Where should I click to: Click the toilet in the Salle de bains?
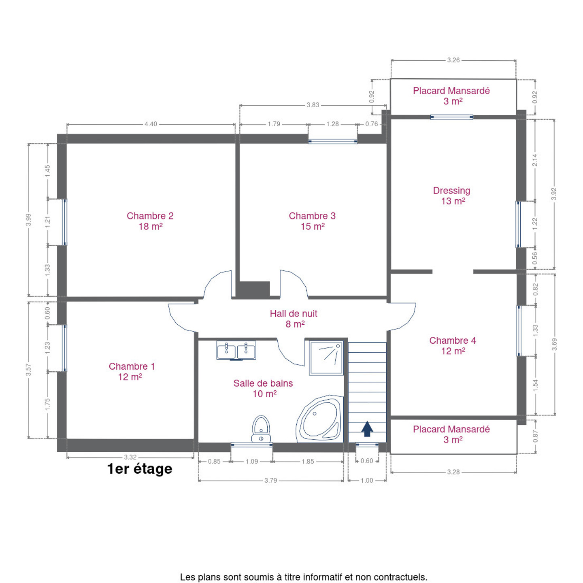(x=261, y=429)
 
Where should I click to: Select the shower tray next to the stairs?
(x=326, y=358)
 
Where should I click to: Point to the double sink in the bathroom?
(x=236, y=350)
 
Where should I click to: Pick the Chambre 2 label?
(x=150, y=216)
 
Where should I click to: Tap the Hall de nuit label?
(x=294, y=313)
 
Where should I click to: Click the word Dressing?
(x=451, y=191)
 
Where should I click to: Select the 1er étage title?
(x=140, y=469)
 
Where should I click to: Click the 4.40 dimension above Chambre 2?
(x=151, y=124)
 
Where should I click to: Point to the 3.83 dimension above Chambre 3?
(x=313, y=105)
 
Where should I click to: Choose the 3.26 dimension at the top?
(x=453, y=60)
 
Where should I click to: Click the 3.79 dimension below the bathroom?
(x=270, y=481)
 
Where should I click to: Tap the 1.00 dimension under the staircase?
(x=367, y=481)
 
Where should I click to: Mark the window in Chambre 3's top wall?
(x=332, y=141)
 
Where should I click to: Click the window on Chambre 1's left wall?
(x=64, y=348)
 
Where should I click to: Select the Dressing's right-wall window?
(x=518, y=224)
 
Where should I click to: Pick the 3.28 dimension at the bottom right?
(x=453, y=472)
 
